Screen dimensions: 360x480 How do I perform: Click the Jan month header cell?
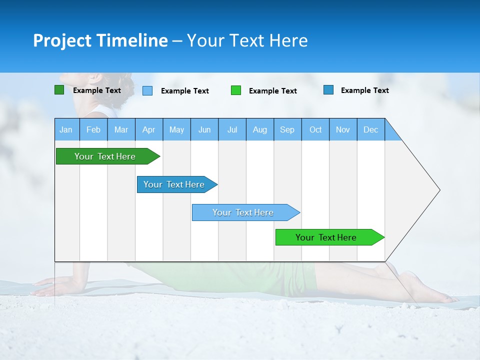tap(66, 129)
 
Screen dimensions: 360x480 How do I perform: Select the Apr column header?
tap(148, 129)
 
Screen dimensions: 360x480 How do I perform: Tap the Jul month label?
tap(232, 129)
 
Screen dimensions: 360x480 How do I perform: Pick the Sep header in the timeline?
tap(287, 129)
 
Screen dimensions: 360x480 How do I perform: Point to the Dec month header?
tap(370, 129)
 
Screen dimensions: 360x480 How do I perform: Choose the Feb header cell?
tap(93, 129)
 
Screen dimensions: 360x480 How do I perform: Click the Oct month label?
tap(315, 129)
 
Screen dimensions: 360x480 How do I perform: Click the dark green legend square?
tap(59, 90)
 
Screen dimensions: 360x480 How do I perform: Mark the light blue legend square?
tap(147, 90)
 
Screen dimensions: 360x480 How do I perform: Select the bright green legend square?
tap(236, 90)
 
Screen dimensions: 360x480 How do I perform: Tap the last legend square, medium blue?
tap(328, 90)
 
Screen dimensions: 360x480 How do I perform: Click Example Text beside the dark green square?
tap(97, 90)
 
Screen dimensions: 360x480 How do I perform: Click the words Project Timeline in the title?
tap(100, 40)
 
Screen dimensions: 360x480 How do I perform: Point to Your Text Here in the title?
tap(247, 40)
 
